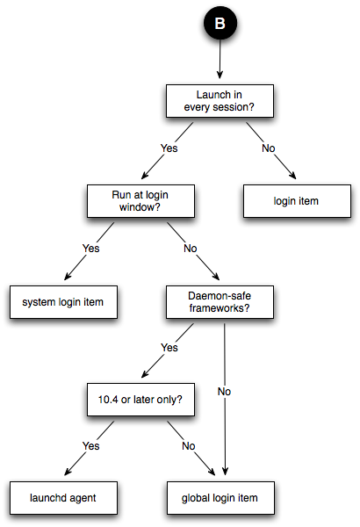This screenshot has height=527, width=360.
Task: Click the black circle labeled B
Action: pyautogui.click(x=220, y=23)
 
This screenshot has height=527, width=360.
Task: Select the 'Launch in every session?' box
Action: pyautogui.click(x=220, y=101)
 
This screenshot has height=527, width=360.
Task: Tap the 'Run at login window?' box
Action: pyautogui.click(x=140, y=201)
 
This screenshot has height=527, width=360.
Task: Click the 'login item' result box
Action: pyautogui.click(x=297, y=201)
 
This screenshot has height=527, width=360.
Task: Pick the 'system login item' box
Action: pyautogui.click(x=63, y=302)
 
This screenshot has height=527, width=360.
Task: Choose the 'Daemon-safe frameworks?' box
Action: pyautogui.click(x=220, y=302)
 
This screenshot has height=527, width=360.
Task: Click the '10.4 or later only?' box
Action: pyautogui.click(x=140, y=400)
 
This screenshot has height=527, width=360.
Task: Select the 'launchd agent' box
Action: pyautogui.click(x=63, y=498)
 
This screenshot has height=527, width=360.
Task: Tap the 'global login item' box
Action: pyautogui.click(x=220, y=498)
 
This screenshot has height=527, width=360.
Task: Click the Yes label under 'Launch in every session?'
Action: pyautogui.click(x=169, y=148)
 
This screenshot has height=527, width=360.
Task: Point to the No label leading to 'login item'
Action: pyautogui.click(x=268, y=148)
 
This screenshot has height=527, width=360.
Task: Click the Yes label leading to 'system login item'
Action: pyautogui.click(x=90, y=249)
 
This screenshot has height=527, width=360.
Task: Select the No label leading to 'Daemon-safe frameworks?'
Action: pyautogui.click(x=190, y=249)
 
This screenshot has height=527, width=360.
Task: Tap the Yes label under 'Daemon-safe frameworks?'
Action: pyautogui.click(x=169, y=348)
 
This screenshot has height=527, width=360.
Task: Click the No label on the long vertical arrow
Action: pyautogui.click(x=224, y=392)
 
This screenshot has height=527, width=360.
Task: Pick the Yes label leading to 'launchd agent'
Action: pyautogui.click(x=90, y=446)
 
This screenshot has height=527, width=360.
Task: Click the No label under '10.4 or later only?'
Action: pyautogui.click(x=189, y=446)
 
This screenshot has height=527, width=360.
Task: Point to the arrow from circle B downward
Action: pyautogui.click(x=220, y=59)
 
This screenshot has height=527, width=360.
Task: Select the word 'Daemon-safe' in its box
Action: pyautogui.click(x=220, y=296)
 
